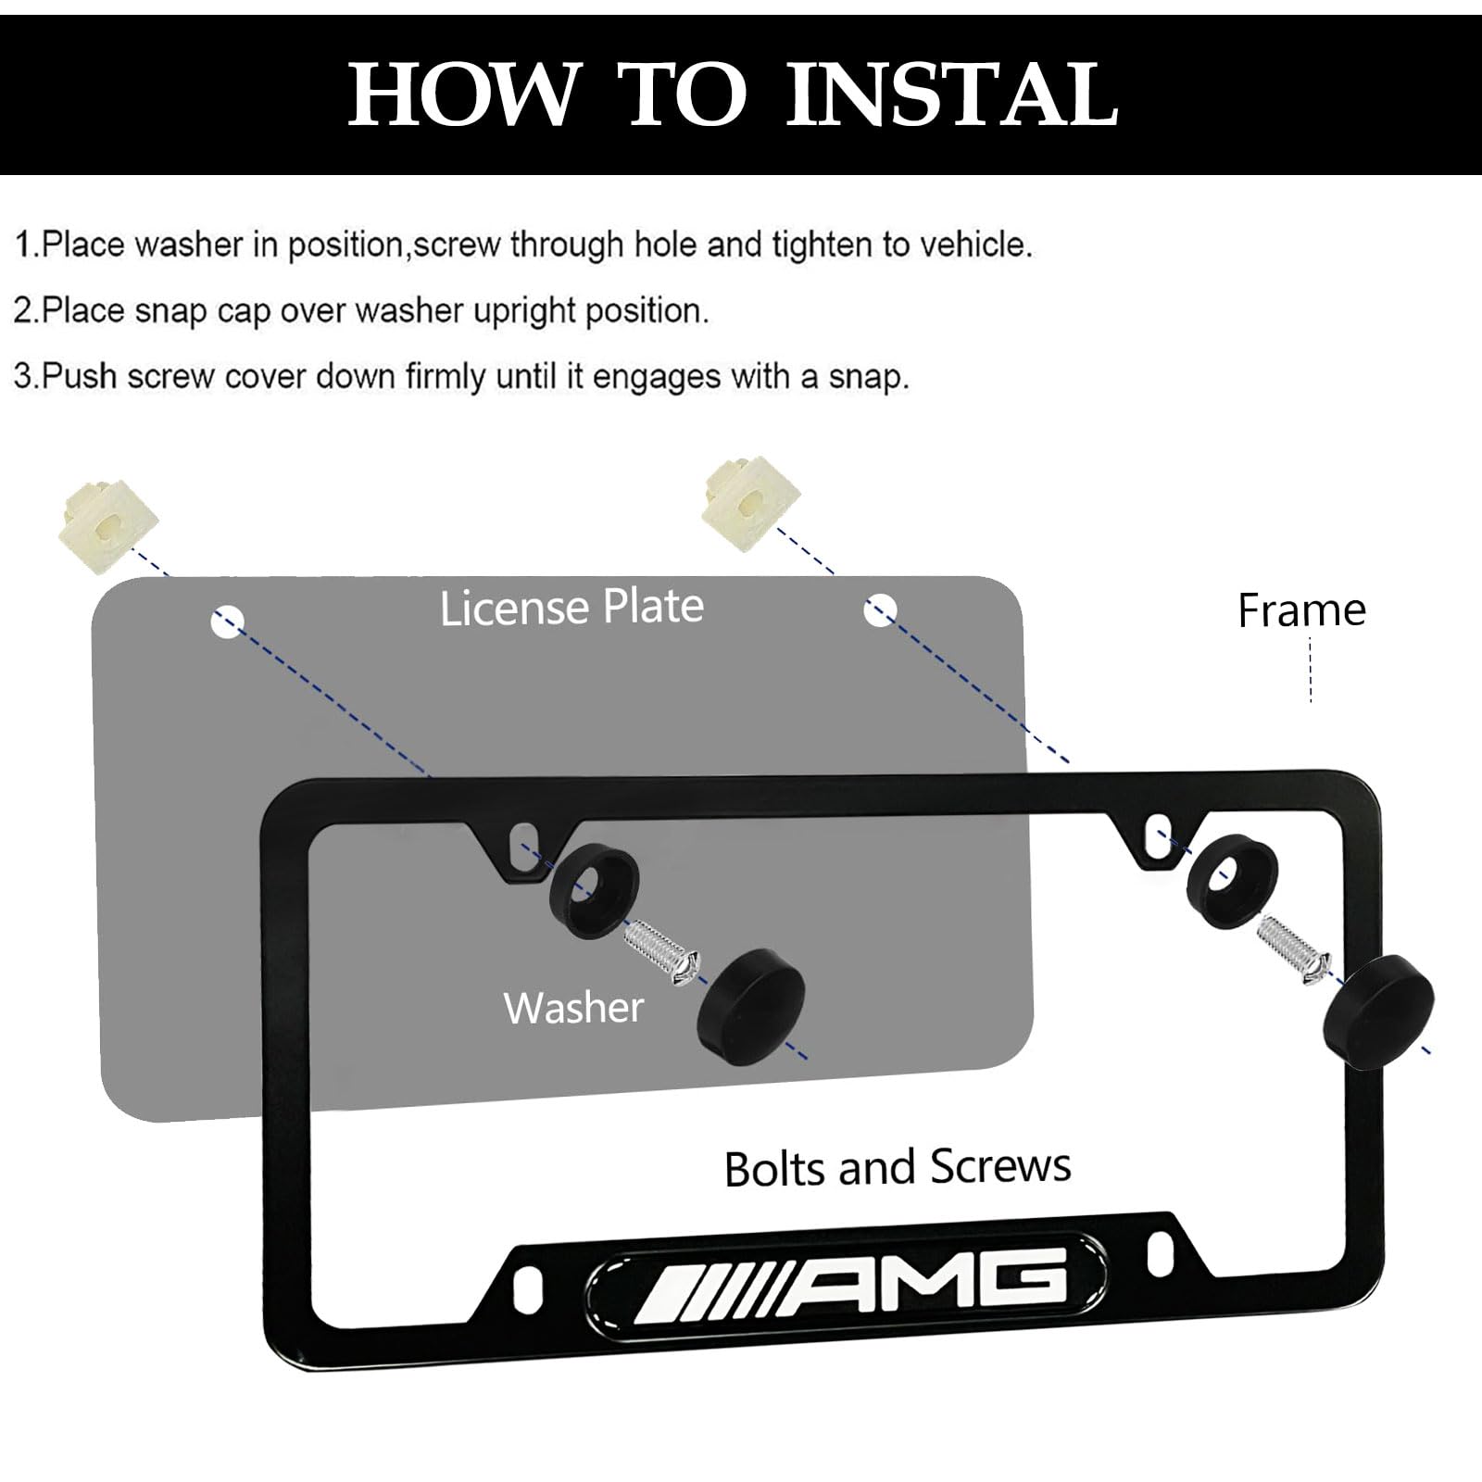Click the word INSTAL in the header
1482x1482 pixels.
952,94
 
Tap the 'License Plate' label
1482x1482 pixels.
571,608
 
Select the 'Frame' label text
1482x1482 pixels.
1301,610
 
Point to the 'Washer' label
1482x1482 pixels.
573,1007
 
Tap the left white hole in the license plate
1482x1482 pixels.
227,622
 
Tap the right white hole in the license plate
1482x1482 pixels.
880,610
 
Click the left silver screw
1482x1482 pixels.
660,950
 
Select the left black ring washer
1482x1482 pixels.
594,890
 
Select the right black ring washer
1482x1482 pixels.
1231,873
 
